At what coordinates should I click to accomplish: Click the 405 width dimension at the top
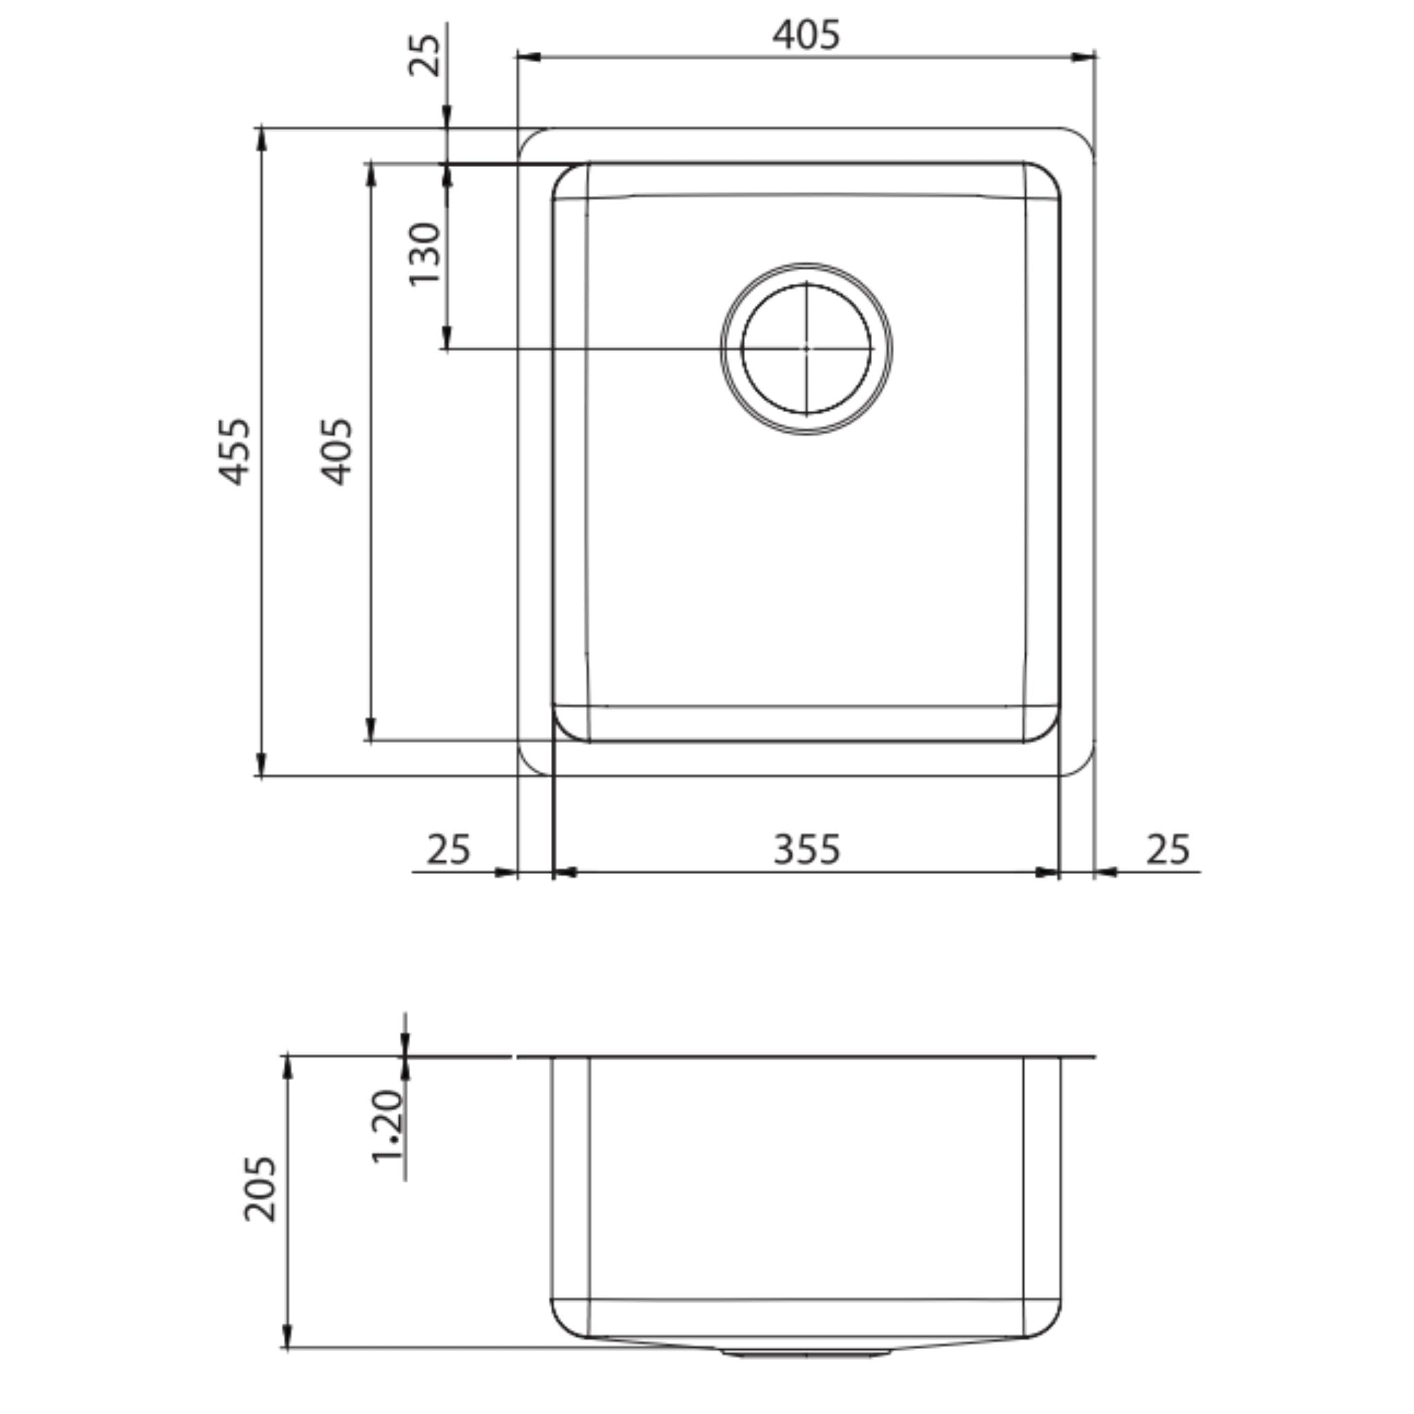coord(806,35)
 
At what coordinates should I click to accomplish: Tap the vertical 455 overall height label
coord(235,451)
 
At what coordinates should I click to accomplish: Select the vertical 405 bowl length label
coord(338,451)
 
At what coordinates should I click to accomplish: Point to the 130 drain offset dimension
coord(425,253)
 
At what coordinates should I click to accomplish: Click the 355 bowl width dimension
coord(806,850)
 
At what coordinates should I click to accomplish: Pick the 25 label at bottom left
coord(448,850)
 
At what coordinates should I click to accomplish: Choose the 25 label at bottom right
coord(1168,850)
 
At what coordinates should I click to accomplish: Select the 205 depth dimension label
coord(260,1189)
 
